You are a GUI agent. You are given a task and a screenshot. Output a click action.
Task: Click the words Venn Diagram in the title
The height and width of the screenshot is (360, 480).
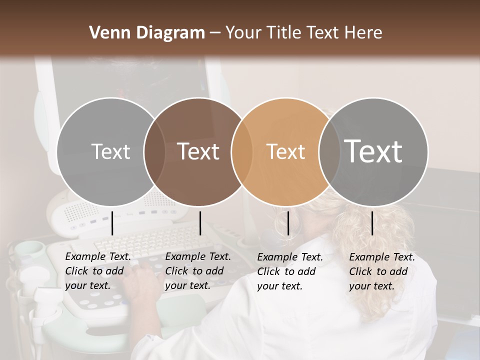pos(147,33)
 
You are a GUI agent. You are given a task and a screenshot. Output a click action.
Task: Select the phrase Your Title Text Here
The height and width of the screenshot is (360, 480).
pos(303,33)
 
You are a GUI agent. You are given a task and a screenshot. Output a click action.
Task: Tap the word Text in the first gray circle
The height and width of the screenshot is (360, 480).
pos(110,151)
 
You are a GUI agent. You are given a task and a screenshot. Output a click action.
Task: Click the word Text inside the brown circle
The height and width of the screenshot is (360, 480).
pos(198,151)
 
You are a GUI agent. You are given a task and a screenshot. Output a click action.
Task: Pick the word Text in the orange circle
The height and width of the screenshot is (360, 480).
pos(285,151)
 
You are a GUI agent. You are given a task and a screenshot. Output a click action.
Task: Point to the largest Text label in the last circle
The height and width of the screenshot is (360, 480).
pos(373,151)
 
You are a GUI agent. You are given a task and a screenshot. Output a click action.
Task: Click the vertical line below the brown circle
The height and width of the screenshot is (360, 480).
pos(200,223)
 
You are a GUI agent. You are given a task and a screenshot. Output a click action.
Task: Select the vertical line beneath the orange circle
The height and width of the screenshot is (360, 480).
pos(288,223)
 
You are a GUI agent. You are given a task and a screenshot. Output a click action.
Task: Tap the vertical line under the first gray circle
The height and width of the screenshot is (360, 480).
pos(112,223)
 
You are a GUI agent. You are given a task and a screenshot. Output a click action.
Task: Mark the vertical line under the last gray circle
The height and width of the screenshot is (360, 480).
pos(372,223)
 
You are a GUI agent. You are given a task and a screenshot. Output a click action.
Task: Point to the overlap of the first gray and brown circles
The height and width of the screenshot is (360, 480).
pos(154,151)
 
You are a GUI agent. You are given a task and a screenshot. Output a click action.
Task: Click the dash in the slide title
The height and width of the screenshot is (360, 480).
pos(215,33)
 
